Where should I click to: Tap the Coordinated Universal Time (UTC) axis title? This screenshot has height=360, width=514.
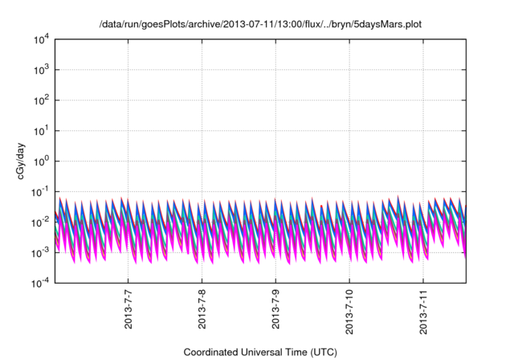pyautogui.click(x=260, y=352)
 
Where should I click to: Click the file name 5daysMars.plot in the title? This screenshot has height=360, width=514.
pyautogui.click(x=389, y=25)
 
